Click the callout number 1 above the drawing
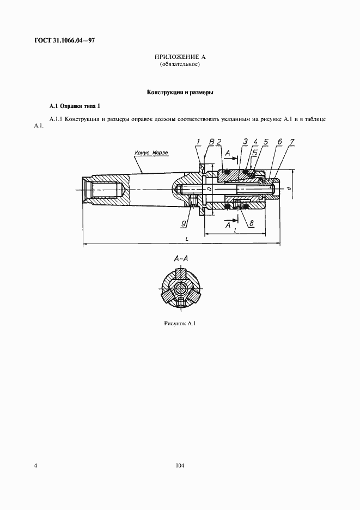[199, 142]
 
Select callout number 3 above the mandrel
[245, 142]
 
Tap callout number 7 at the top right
[292, 142]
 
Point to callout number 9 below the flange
[184, 223]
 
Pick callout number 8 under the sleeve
[252, 223]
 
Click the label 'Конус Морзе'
[152, 153]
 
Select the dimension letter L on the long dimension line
[186, 239]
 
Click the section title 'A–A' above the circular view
[181, 259]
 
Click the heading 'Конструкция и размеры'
[180, 93]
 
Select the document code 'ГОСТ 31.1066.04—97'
[64, 41]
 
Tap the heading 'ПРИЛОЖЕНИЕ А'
[180, 57]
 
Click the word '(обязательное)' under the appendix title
[180, 64]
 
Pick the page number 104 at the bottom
[180, 466]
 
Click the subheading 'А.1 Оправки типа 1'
[75, 106]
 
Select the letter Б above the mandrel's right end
[255, 152]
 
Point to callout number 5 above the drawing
[266, 142]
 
